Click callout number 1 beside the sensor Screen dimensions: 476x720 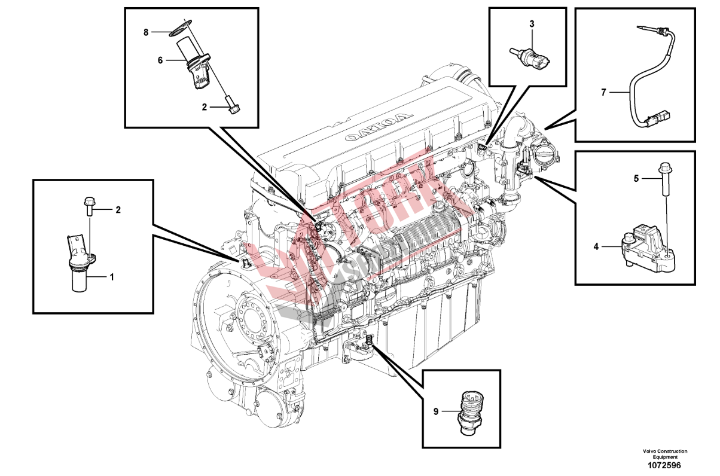click(x=111, y=277)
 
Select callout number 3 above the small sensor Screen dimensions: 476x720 click(x=532, y=24)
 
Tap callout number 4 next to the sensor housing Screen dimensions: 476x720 click(x=596, y=245)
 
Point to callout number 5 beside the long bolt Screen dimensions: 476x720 click(x=637, y=178)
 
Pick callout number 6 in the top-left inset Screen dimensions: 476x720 click(x=160, y=60)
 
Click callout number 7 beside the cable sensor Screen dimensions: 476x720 click(x=603, y=92)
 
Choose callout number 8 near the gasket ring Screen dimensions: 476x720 click(x=146, y=32)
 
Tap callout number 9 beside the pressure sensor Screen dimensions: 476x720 click(x=436, y=411)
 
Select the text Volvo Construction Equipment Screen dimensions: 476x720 click(x=665, y=454)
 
